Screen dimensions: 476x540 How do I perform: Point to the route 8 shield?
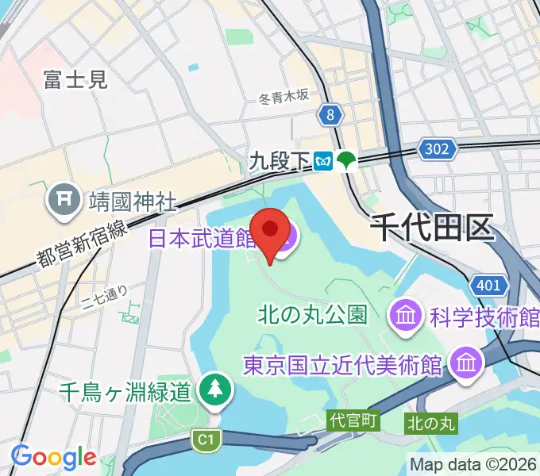pos(330,116)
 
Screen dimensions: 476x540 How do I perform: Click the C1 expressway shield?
pos(206,439)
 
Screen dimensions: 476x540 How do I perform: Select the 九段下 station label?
pos(278,162)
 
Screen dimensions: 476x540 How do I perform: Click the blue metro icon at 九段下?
pos(324,161)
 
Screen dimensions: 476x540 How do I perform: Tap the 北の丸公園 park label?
pos(312,315)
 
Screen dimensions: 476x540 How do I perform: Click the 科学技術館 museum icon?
pos(404,316)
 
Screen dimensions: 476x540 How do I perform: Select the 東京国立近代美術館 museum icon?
pos(463,363)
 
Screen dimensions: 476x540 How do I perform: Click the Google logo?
pos(53,457)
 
